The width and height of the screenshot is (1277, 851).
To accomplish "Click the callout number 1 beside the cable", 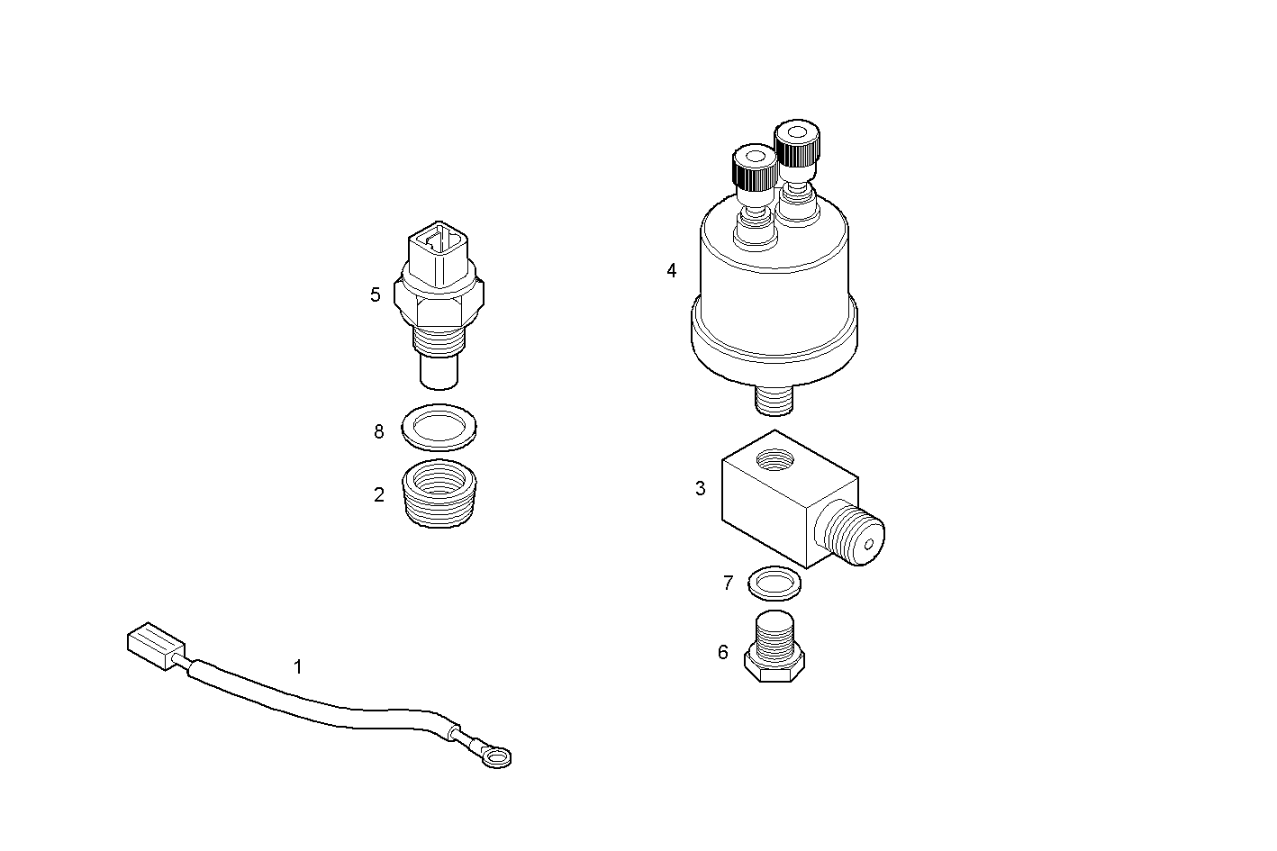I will pos(297,667).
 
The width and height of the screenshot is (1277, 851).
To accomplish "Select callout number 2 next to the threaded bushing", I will pos(379,494).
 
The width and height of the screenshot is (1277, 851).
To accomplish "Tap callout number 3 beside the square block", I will pos(701,489).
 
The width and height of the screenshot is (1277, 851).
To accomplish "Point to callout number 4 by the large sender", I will pos(671,270).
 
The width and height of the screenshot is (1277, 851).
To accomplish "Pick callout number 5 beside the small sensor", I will pos(376,294).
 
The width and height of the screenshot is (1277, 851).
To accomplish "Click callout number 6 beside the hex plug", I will pos(722,652).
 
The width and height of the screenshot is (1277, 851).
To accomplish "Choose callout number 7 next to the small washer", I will pos(729,584).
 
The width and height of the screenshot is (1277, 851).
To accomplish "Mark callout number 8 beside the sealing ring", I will pos(379,432).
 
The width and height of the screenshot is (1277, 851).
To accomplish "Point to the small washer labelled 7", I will pos(774,584).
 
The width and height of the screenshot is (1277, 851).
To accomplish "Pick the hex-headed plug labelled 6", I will pos(774,650).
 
